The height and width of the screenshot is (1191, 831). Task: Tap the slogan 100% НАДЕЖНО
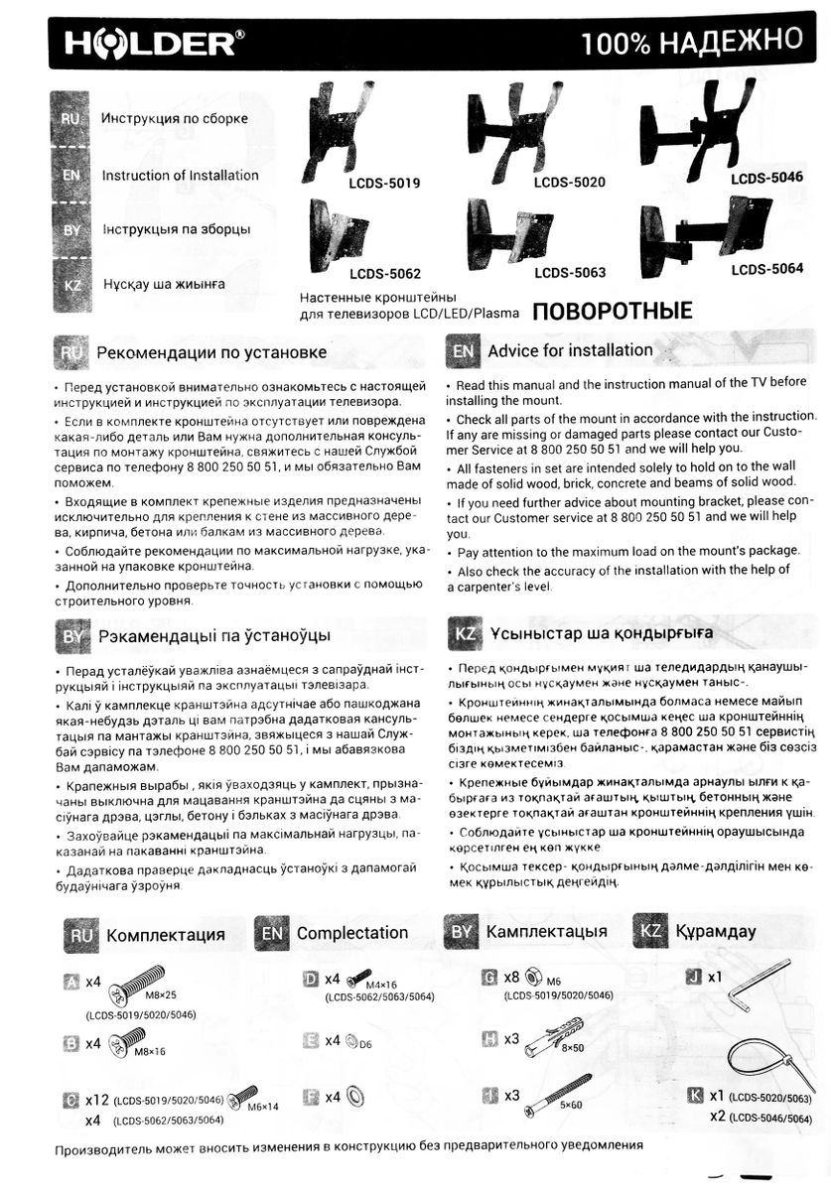(x=691, y=42)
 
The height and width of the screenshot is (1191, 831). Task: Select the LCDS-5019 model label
(x=384, y=184)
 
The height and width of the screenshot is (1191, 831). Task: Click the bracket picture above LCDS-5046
(x=706, y=134)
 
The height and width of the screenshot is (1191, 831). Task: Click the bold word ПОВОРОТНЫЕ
(x=612, y=311)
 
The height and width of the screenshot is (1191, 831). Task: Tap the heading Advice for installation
(x=570, y=350)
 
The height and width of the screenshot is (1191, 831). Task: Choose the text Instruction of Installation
(x=180, y=176)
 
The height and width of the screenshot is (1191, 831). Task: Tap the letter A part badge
(x=70, y=982)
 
